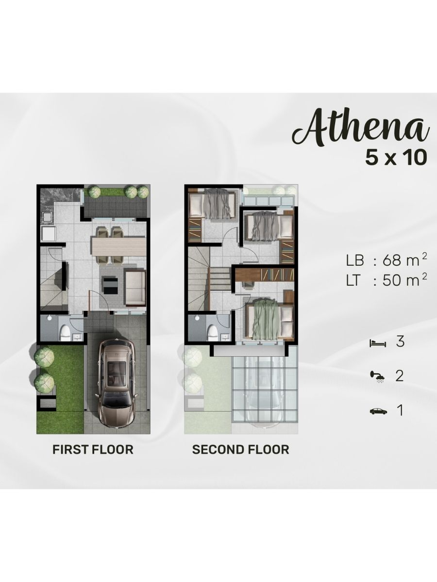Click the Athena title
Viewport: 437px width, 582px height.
[x=361, y=131]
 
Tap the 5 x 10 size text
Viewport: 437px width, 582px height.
[x=396, y=158]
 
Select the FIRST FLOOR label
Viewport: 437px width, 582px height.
[x=93, y=450]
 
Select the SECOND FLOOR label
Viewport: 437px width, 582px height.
[x=240, y=450]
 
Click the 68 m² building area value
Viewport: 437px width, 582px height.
[x=404, y=260]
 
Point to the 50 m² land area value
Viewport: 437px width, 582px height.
[x=404, y=280]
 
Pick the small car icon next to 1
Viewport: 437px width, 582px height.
[x=378, y=411]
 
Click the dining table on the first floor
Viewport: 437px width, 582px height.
[x=118, y=246]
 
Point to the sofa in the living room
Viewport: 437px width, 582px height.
[x=135, y=288]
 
